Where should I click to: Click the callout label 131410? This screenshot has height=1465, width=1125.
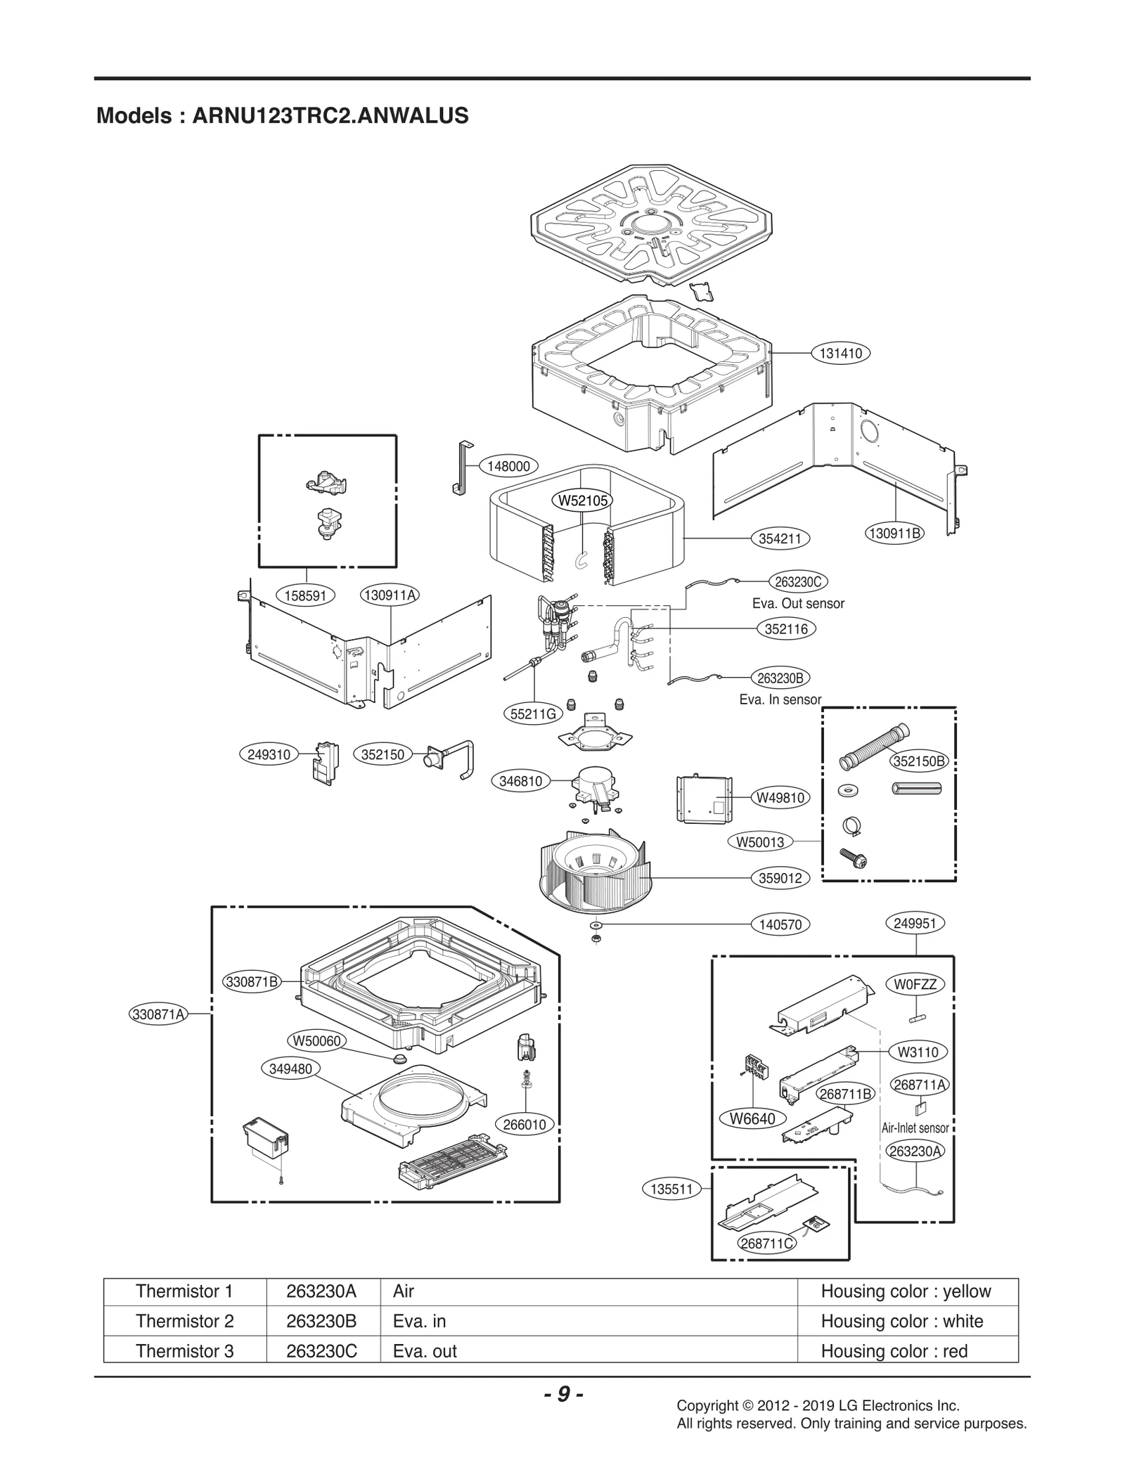[841, 354]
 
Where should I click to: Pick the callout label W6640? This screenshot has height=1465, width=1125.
[752, 1118]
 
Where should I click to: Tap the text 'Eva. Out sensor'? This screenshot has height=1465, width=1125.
[798, 603]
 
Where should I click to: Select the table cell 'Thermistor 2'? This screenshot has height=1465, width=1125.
[184, 1321]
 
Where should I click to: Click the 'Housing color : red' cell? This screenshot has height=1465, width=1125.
[894, 1351]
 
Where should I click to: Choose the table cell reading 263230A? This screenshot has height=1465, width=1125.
[321, 1291]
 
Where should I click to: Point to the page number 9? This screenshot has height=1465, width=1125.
[563, 1394]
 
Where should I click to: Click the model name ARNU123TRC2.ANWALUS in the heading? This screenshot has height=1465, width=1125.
[330, 115]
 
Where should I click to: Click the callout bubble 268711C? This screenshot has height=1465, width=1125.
[767, 1244]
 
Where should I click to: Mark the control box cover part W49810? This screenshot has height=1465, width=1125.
[704, 799]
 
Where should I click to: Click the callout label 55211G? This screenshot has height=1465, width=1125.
[533, 714]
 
